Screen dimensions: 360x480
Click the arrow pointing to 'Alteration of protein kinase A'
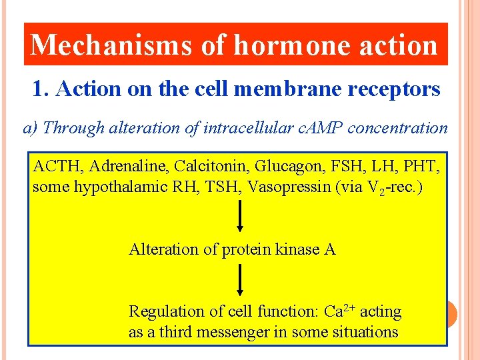[240, 217]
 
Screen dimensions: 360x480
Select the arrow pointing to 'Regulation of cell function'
[240, 280]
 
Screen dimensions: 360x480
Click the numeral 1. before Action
[41, 89]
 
